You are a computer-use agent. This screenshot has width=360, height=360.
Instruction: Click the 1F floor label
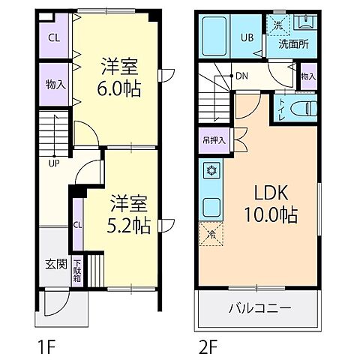click(x=46, y=347)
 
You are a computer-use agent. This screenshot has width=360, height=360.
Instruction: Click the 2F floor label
click(x=207, y=347)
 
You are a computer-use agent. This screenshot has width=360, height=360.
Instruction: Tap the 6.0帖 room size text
click(x=119, y=89)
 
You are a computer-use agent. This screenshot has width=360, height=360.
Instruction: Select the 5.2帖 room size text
click(x=128, y=226)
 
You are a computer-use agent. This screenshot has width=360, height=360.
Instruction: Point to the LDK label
click(x=271, y=193)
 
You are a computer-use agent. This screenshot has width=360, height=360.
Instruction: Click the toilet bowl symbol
click(x=304, y=108)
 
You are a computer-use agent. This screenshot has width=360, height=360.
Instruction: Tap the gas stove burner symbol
click(x=212, y=170)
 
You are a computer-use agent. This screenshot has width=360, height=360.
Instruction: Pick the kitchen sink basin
click(x=211, y=207)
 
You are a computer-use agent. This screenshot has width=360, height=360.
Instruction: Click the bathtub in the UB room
click(x=214, y=36)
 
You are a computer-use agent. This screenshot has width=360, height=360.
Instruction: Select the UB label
click(x=247, y=37)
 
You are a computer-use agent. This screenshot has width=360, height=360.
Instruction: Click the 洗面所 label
click(x=293, y=44)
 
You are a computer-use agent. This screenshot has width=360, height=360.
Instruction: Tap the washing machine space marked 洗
click(x=277, y=25)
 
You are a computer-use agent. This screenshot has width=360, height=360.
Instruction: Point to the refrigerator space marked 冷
click(x=211, y=234)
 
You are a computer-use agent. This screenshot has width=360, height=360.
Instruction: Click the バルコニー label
click(x=260, y=308)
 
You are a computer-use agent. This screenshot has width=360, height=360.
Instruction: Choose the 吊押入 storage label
click(x=214, y=140)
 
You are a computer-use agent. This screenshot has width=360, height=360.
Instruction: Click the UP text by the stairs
click(x=54, y=163)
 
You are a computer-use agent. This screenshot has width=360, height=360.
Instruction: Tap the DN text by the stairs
click(x=241, y=76)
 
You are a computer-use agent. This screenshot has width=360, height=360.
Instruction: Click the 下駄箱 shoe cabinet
click(x=77, y=271)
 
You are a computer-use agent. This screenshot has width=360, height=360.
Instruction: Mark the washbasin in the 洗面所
click(x=305, y=22)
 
